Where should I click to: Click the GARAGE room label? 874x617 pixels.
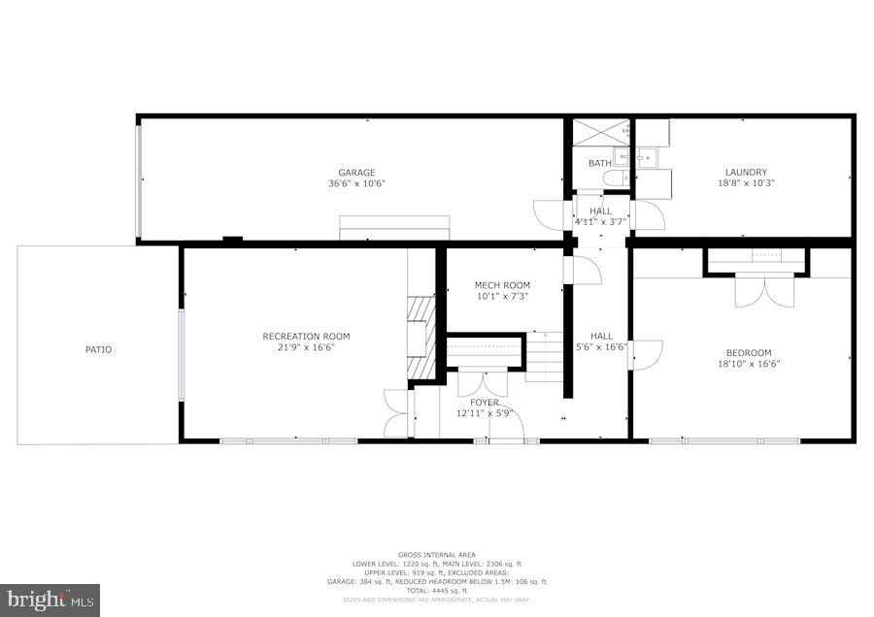click(x=356, y=173)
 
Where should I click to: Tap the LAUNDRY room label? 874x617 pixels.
click(x=746, y=173)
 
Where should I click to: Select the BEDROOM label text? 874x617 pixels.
click(x=749, y=353)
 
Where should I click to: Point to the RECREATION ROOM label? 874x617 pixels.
click(x=306, y=337)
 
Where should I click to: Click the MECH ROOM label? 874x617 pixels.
click(x=502, y=285)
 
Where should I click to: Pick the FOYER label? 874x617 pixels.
click(x=484, y=403)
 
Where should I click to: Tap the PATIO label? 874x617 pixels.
click(x=98, y=349)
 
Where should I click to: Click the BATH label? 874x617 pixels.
click(x=599, y=163)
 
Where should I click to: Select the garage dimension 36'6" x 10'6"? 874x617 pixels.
click(x=355, y=183)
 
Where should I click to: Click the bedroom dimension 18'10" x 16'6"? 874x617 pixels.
click(x=749, y=364)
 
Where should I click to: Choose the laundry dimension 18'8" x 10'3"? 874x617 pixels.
click(x=746, y=183)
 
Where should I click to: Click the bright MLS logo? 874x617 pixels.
click(x=50, y=600)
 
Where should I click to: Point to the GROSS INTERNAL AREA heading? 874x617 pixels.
click(x=436, y=555)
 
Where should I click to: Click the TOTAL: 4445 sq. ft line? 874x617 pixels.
click(x=436, y=591)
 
